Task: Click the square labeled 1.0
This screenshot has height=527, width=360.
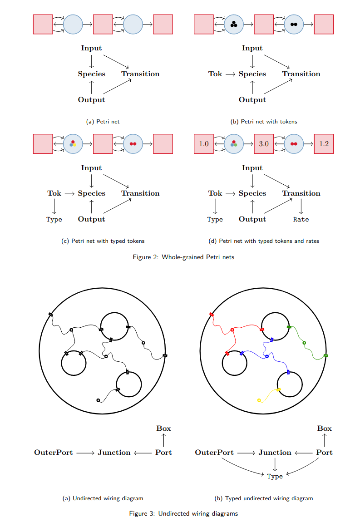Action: click(203, 144)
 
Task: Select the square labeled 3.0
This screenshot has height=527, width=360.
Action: click(264, 144)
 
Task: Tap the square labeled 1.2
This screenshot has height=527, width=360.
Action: click(324, 144)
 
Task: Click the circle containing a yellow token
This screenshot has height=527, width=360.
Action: click(73, 144)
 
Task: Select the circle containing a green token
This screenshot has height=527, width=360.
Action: click(234, 144)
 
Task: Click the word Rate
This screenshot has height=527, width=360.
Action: click(301, 220)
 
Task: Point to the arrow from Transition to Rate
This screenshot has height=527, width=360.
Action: click(301, 207)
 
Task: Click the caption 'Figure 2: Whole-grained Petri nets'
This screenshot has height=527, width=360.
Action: click(183, 257)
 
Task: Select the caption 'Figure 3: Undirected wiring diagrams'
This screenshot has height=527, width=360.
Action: click(183, 514)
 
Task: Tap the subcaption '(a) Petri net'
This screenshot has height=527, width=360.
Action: click(103, 122)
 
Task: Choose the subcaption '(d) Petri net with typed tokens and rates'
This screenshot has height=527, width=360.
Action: click(263, 241)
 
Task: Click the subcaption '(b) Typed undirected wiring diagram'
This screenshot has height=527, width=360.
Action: click(263, 498)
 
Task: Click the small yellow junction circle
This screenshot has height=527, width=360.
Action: click(259, 400)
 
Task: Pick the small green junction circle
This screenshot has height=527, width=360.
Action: click(304, 343)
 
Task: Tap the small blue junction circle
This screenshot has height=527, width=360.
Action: click(267, 357)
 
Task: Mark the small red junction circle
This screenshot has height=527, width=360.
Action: click(232, 330)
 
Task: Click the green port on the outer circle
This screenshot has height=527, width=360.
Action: click(326, 355)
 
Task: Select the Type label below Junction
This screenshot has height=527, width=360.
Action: click(275, 477)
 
